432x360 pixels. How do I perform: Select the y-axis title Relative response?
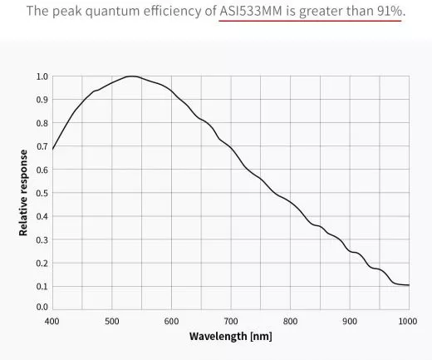point(24,192)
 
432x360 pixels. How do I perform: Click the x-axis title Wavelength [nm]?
point(230,337)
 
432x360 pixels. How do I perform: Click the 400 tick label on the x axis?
point(52,320)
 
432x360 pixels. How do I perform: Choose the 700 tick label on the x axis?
point(230,320)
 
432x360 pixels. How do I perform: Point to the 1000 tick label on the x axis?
point(407,320)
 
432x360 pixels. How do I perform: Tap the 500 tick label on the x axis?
point(111,320)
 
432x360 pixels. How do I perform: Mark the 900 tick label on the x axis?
point(349,320)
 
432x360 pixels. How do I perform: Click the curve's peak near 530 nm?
point(130,76)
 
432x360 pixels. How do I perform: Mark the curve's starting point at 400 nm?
point(52,150)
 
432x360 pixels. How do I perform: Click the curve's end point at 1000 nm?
point(409,285)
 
